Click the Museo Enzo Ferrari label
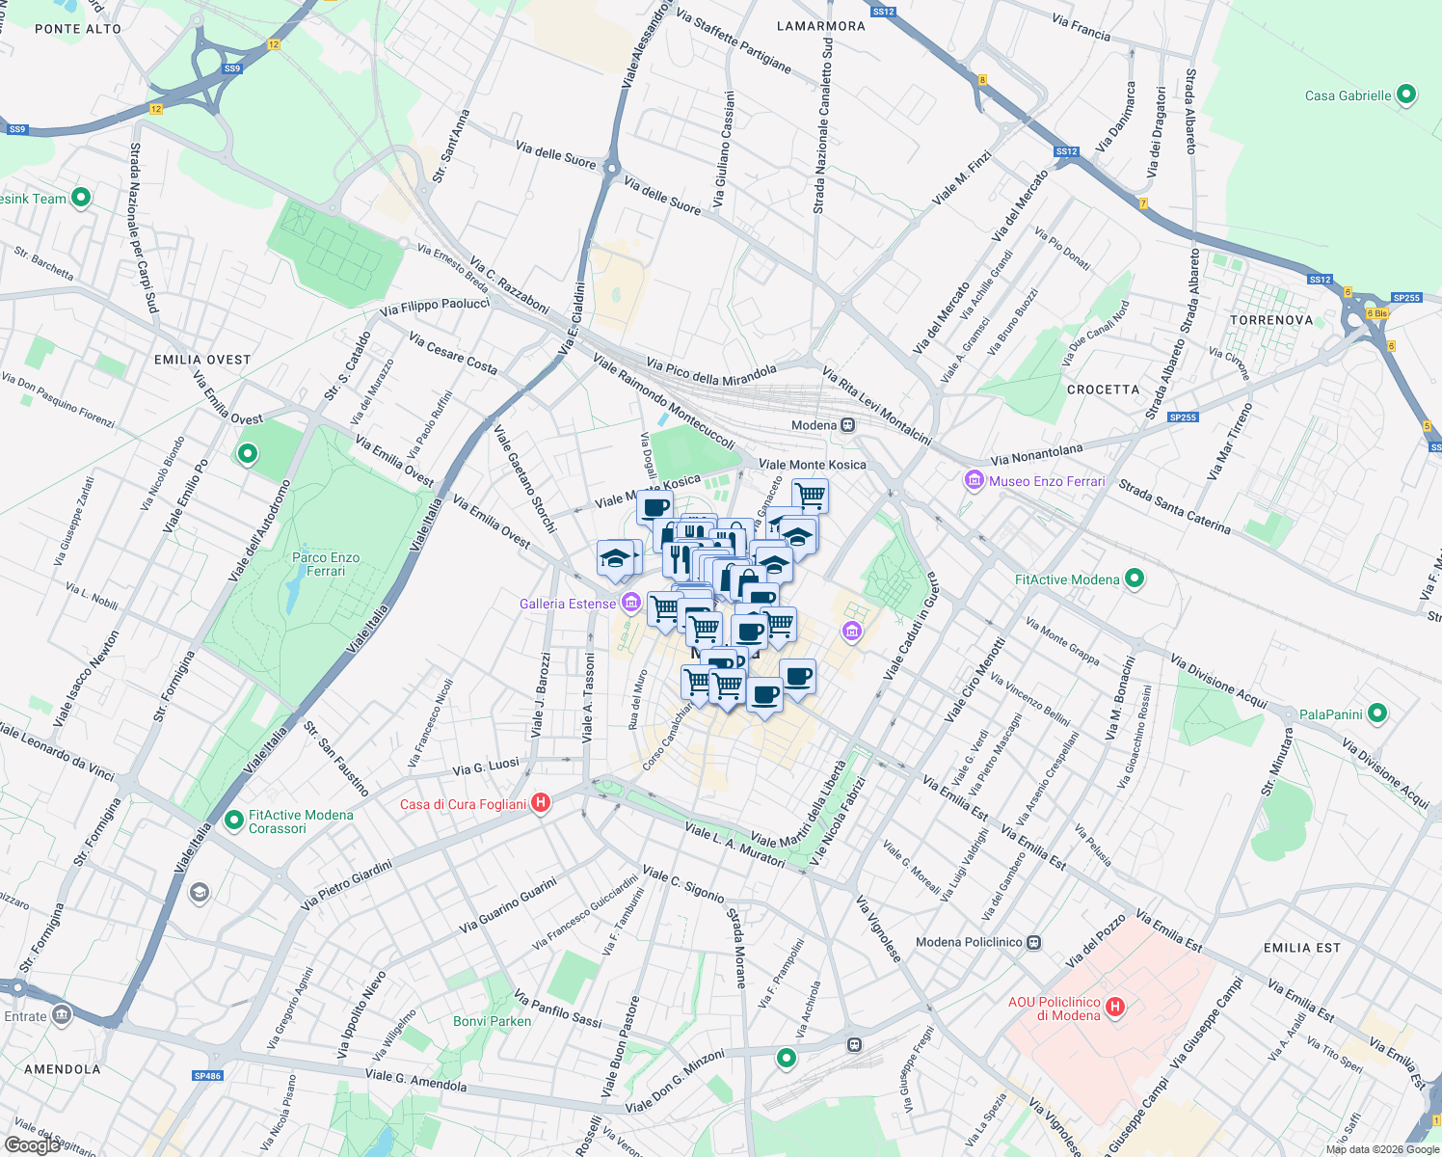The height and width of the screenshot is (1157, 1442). click(x=1047, y=481)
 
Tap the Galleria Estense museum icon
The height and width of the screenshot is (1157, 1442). click(x=631, y=604)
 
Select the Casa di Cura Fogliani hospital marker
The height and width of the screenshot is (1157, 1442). click(x=541, y=803)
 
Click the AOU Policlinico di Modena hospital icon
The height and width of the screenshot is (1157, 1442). click(x=1115, y=1008)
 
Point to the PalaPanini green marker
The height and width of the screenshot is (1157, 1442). click(x=1377, y=713)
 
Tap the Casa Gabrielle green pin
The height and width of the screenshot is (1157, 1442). click(x=1406, y=94)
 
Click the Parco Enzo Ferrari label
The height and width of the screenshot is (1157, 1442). click(x=326, y=564)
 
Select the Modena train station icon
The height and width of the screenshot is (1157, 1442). click(x=847, y=425)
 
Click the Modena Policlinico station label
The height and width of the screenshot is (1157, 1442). click(x=968, y=942)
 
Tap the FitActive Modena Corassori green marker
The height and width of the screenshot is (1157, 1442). click(x=233, y=821)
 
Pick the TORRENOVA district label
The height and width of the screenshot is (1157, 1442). click(x=1271, y=320)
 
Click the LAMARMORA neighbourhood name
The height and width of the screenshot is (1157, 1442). click(x=821, y=26)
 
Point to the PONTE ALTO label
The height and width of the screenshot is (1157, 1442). click(x=78, y=29)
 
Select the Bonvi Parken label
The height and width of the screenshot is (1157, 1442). click(x=492, y=1021)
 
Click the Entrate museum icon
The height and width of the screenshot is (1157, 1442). click(x=63, y=1014)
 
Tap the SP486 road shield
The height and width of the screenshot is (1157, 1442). click(x=207, y=1076)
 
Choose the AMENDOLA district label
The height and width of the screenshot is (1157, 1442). click(x=63, y=1068)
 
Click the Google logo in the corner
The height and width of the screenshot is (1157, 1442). click(x=32, y=1145)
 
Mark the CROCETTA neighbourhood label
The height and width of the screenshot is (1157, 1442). click(x=1104, y=390)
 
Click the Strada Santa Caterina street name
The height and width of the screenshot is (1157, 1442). click(x=1174, y=506)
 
